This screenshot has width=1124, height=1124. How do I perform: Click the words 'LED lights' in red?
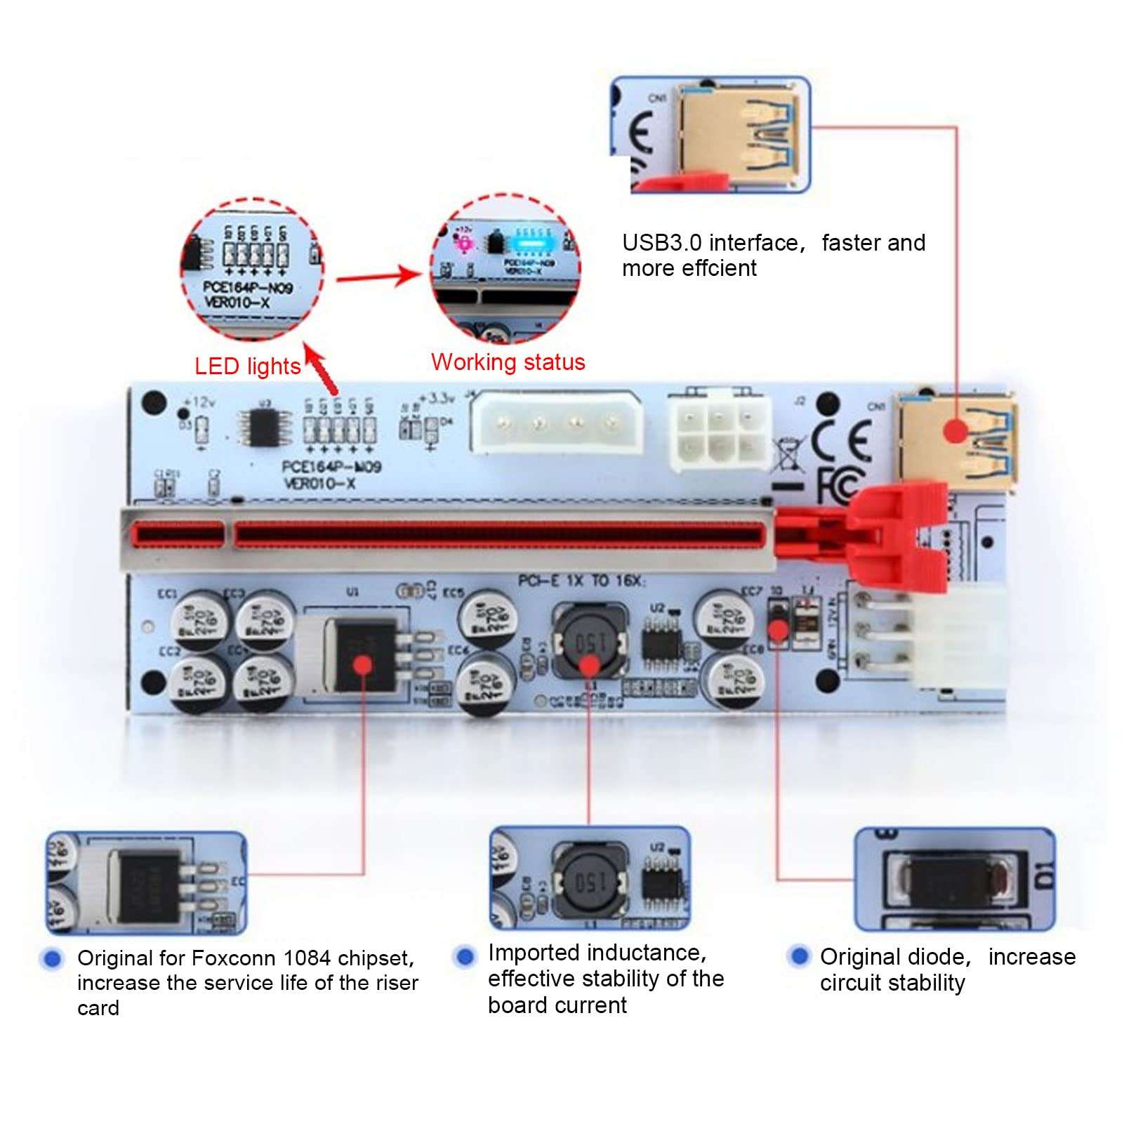click(x=247, y=366)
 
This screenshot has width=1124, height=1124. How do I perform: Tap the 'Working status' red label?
click(x=508, y=362)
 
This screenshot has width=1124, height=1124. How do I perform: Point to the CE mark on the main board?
click(x=842, y=439)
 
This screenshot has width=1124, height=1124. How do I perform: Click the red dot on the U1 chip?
click(x=362, y=663)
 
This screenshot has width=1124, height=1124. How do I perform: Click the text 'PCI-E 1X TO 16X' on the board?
click(x=581, y=581)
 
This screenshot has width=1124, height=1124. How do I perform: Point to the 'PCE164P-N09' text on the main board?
click(x=331, y=467)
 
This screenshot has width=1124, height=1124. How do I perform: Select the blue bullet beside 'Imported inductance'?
click(x=464, y=956)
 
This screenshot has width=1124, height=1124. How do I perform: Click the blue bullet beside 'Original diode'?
click(x=799, y=956)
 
